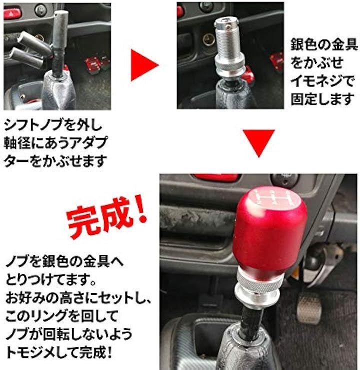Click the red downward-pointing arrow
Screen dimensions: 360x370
(x=259, y=141)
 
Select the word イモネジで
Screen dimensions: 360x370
(x=322, y=81)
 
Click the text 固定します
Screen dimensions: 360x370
(x=322, y=99)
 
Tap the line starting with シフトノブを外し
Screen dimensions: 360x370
(x=53, y=124)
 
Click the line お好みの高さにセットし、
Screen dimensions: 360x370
(x=78, y=298)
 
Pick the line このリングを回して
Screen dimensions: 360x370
(x=62, y=316)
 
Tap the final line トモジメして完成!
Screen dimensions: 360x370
(x=59, y=352)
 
